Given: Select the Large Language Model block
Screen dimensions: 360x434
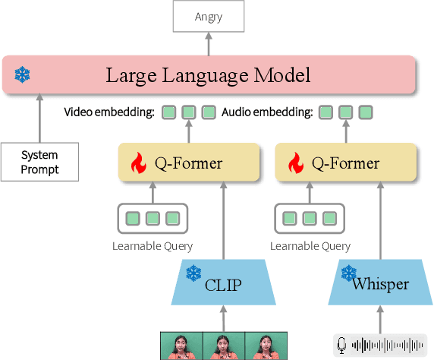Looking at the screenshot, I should point(209,75).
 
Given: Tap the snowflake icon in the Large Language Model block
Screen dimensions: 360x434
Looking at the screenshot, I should point(22,75).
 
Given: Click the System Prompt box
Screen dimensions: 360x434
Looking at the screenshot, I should point(39,162).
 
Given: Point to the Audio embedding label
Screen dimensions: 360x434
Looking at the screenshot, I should point(267,113).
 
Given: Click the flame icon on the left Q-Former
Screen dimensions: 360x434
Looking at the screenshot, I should point(138,163).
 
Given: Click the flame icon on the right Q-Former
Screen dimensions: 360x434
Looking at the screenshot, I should point(296,163).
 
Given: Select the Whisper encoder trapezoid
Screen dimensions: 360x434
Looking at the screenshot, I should point(379,283).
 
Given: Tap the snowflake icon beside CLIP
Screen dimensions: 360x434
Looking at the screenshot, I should point(194,272).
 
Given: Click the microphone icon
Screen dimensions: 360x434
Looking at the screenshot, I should point(342,346).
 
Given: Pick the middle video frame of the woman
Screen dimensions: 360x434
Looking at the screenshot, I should point(222,346).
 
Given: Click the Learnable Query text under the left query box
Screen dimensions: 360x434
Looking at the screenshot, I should point(153,245).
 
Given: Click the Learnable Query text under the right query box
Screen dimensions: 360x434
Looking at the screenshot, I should point(310,245).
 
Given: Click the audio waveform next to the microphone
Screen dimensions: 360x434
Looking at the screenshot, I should point(388,346).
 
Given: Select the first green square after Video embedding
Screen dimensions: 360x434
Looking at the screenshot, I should point(169,113).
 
